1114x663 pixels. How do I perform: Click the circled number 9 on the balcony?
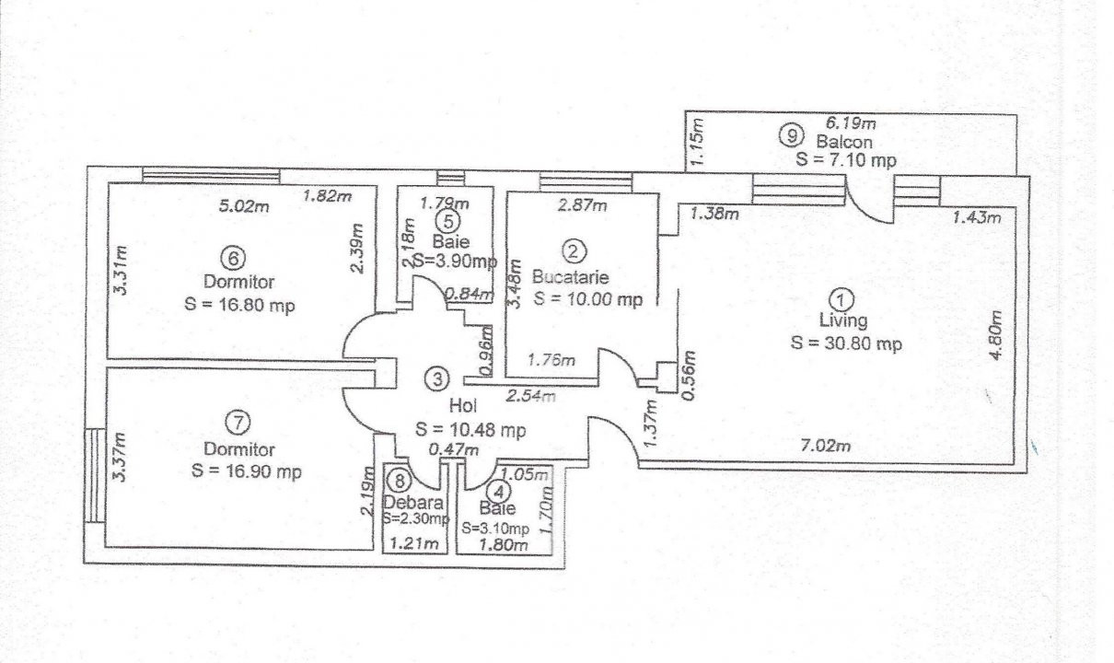coord(790,134)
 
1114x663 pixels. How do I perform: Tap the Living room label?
coord(843,320)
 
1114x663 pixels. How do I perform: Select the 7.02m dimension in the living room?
coord(826,445)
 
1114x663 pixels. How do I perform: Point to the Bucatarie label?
coord(571,276)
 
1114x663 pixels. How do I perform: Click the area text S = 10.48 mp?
coord(470,429)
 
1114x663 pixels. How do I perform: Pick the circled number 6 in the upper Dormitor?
coord(233,258)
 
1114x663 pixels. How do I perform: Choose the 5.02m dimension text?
coord(244,205)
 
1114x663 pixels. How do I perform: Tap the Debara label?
coord(412,503)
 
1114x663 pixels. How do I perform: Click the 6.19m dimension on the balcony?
coord(851,122)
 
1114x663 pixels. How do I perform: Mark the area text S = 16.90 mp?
coord(247,471)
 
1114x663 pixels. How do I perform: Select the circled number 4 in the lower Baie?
coord(500,492)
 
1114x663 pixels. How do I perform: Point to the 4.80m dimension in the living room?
coord(995,334)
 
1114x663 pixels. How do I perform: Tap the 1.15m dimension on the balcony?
coord(698,141)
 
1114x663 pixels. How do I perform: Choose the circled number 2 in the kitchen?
coord(573,251)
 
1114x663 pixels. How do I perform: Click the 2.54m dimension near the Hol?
coord(531,396)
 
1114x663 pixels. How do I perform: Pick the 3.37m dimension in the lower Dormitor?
coord(120,457)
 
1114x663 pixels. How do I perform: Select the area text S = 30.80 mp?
coord(846,343)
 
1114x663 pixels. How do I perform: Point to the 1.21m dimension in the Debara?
coord(414,543)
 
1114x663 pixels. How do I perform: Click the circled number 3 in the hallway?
coord(436,379)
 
